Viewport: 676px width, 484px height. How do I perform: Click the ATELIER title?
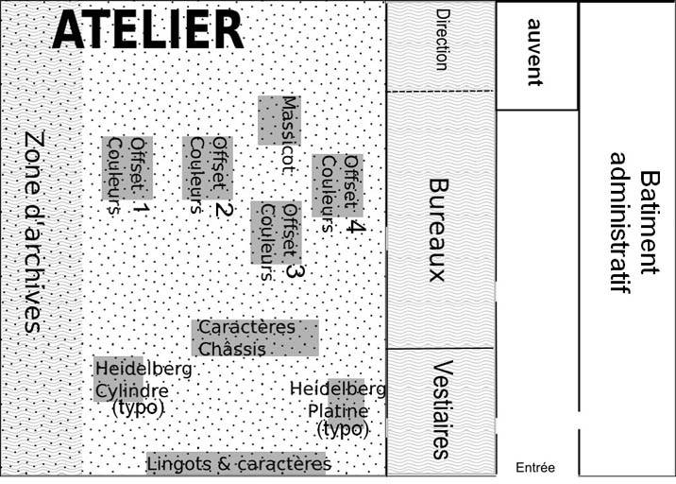click(x=148, y=29)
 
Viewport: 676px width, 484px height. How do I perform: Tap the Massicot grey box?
click(x=279, y=120)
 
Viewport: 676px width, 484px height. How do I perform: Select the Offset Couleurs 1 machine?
click(x=127, y=168)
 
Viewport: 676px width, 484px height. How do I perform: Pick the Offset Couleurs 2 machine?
click(x=208, y=168)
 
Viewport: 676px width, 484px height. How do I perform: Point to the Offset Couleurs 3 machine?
click(x=277, y=233)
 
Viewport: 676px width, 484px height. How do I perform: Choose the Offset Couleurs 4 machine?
click(x=338, y=185)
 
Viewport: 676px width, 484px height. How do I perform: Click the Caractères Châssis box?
click(x=255, y=338)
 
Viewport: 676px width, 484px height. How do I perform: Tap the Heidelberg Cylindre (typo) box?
click(x=119, y=379)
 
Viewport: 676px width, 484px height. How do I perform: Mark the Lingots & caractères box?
click(x=236, y=464)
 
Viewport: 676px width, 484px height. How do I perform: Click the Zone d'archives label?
click(x=34, y=232)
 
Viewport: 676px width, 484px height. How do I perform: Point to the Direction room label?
click(x=443, y=40)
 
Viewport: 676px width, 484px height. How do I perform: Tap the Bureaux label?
click(x=439, y=230)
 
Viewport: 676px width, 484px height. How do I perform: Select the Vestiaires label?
click(x=443, y=409)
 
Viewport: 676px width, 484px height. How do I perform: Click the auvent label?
click(x=535, y=52)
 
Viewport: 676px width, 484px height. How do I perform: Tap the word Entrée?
click(x=535, y=468)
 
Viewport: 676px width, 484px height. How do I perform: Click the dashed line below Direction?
click(x=440, y=91)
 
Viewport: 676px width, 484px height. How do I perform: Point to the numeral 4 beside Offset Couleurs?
click(x=356, y=226)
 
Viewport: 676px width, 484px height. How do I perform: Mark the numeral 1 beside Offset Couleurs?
click(x=141, y=208)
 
